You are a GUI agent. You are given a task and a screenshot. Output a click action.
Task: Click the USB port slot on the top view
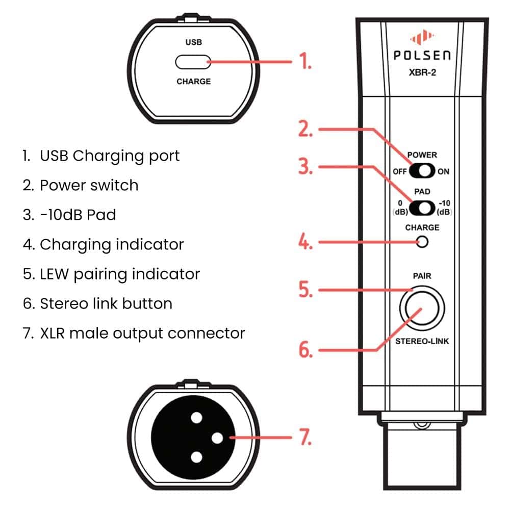pos(193,63)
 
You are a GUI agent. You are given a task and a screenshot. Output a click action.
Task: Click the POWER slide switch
pos(422,171)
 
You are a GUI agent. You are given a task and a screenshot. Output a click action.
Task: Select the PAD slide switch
pos(422,208)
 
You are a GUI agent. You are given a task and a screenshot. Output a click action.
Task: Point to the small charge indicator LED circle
pos(422,242)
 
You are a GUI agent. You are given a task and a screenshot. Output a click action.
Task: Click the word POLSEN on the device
pos(422,56)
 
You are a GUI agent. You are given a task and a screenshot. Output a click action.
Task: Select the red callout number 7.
pos(304,438)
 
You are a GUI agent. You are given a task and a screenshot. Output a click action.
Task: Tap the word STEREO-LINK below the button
pos(422,341)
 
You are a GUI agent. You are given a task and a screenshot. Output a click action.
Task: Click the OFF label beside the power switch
pos(399,172)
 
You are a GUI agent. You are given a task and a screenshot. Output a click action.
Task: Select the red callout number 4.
pos(304,242)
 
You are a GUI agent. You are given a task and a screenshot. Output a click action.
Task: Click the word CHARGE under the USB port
pos(193,82)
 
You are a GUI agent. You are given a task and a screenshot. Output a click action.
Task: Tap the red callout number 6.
pos(304,350)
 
